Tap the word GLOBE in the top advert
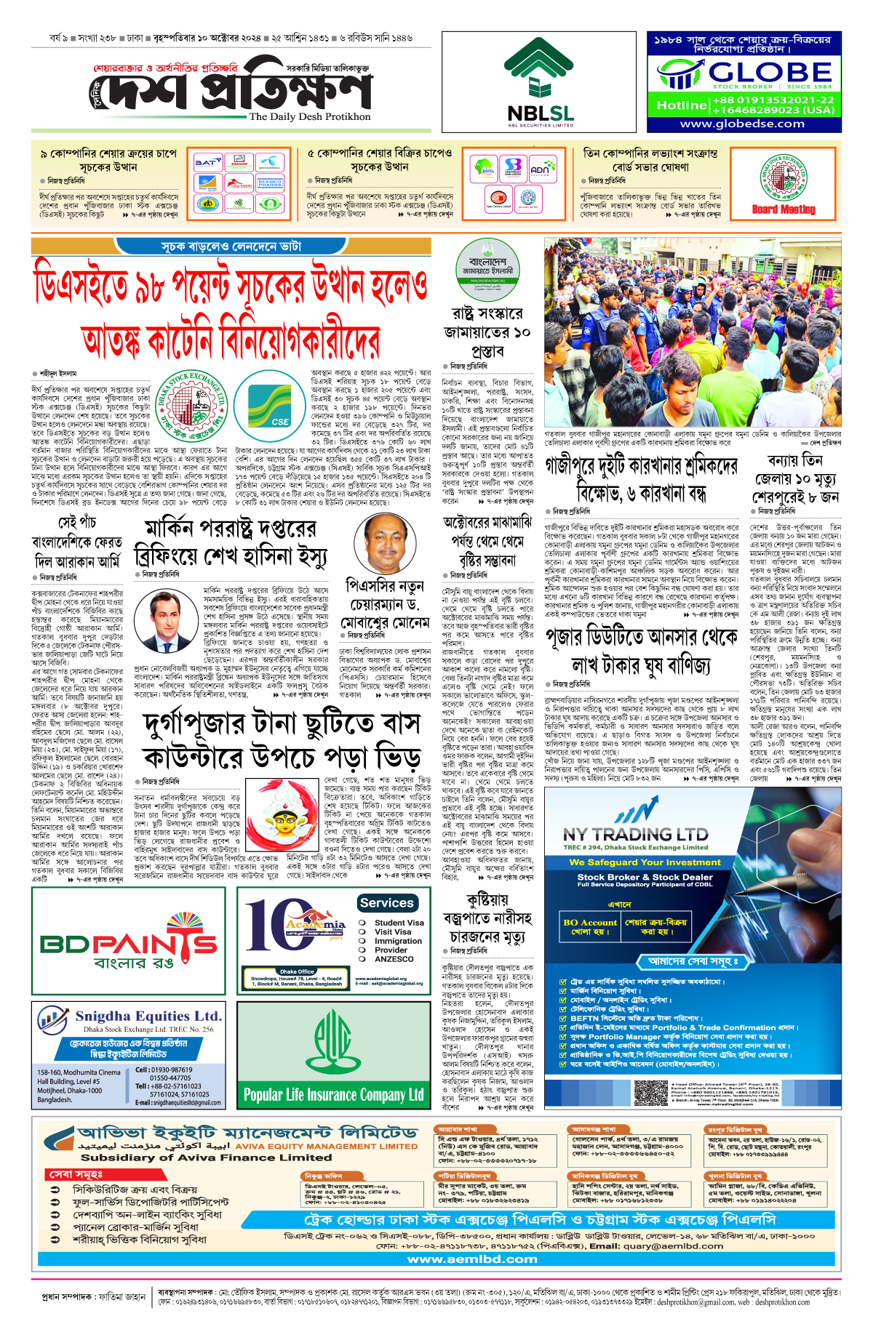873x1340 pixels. (769, 72)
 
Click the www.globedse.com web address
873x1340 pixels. (742, 124)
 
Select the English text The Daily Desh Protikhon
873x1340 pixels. (310, 116)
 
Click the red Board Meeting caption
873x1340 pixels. (784, 209)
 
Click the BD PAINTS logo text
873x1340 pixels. (129, 944)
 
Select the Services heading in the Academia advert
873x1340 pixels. (386, 903)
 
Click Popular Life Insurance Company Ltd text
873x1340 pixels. (333, 1095)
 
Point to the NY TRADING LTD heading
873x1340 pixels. (635, 834)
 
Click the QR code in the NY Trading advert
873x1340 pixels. (649, 1093)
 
